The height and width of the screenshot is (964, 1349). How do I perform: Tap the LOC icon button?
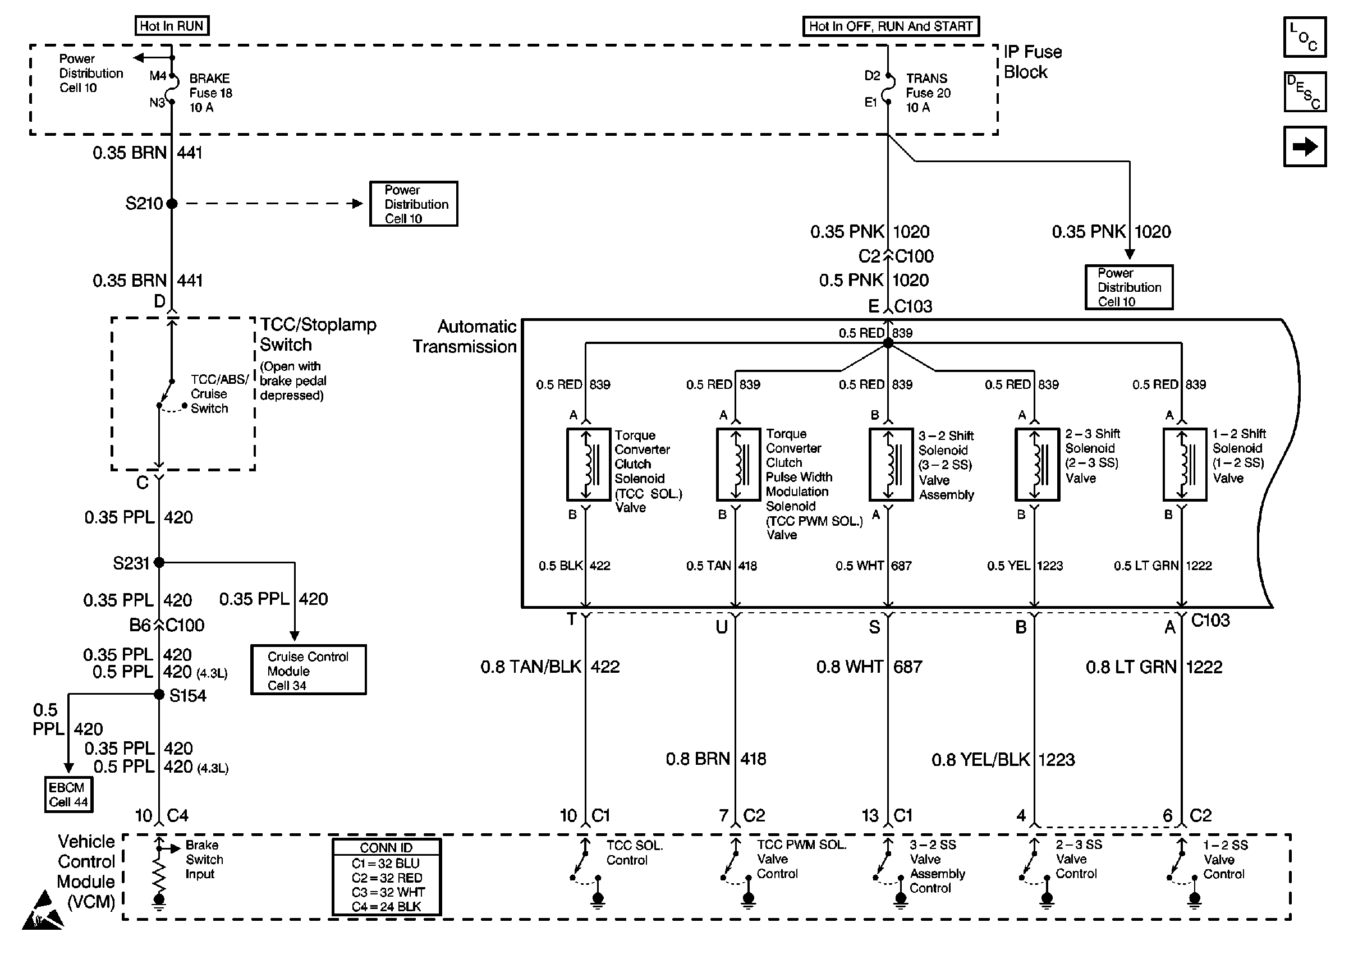(x=1305, y=37)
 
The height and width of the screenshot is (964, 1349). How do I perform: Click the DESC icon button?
(x=1305, y=92)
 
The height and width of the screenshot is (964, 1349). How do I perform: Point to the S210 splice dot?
(x=172, y=204)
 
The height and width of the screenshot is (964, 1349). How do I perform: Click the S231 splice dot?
(x=159, y=562)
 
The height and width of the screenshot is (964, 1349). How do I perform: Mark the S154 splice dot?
(x=159, y=695)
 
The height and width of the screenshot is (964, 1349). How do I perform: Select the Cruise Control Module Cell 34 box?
(x=308, y=669)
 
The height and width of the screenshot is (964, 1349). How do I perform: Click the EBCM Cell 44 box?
(x=69, y=794)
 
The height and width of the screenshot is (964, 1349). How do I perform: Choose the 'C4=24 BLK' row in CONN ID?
(x=387, y=906)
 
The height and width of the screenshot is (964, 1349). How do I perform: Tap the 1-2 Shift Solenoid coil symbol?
(x=1184, y=464)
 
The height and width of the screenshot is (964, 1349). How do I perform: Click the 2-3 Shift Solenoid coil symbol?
(x=1037, y=464)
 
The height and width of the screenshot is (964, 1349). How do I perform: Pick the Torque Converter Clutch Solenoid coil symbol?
(x=588, y=464)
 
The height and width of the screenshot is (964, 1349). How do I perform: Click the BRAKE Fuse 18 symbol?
(x=172, y=89)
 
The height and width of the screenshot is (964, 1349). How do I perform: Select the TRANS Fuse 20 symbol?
(x=888, y=89)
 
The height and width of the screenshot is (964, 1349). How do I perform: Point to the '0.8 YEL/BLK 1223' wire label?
(x=1003, y=759)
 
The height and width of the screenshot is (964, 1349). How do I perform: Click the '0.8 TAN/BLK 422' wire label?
(x=550, y=667)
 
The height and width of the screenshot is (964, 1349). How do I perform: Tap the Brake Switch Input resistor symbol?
(x=159, y=874)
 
